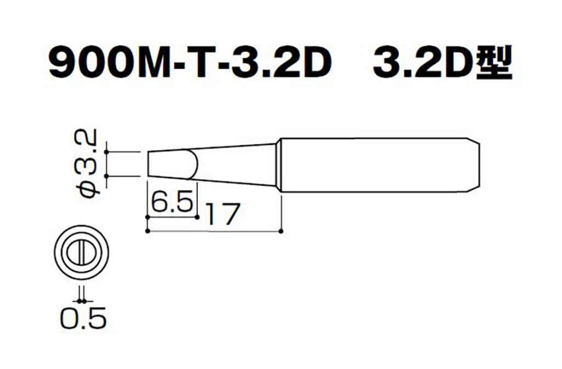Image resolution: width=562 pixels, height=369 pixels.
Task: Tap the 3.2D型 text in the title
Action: click(443, 64)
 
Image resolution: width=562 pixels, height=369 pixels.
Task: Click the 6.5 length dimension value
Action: click(172, 202)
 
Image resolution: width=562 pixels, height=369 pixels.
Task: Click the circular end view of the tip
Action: click(81, 250)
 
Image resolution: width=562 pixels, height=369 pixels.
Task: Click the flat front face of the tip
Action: click(148, 164)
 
